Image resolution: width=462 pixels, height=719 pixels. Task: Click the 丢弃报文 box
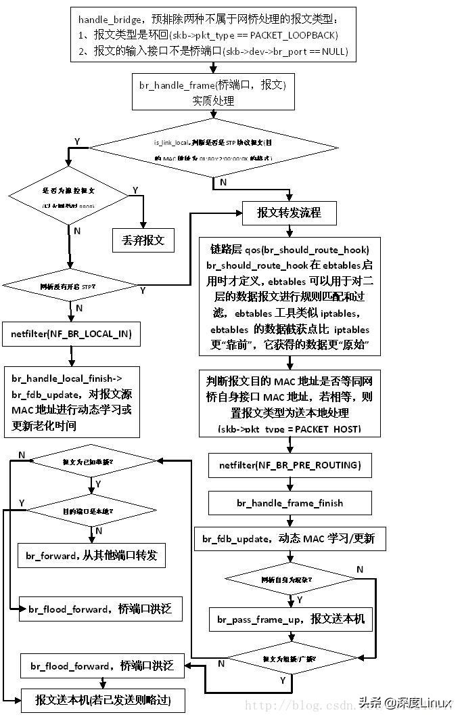coord(143,240)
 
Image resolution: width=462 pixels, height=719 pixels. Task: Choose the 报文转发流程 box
coord(289,213)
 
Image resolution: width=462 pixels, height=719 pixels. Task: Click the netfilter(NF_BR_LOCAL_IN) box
coord(71,334)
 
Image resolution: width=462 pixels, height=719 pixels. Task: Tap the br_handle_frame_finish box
coord(290,502)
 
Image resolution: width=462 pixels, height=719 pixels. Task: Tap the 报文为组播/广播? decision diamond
coord(290,658)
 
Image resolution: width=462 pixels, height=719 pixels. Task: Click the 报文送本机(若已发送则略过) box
coord(102,701)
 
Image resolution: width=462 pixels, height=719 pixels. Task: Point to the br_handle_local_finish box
coord(72,401)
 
